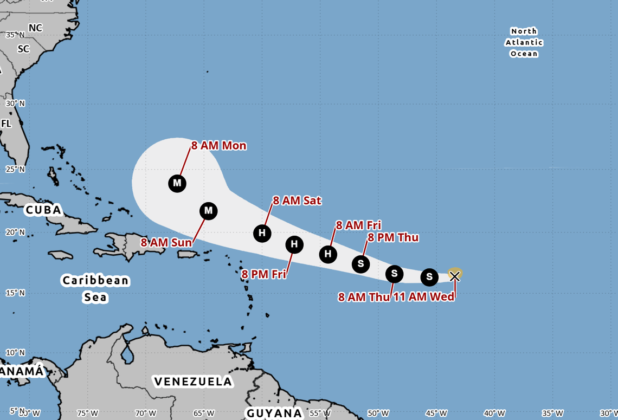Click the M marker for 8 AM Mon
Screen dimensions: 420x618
[x=177, y=183]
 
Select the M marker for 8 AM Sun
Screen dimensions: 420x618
[x=208, y=210]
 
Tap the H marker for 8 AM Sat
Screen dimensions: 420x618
[x=262, y=234]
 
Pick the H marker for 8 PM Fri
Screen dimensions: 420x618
[x=294, y=244]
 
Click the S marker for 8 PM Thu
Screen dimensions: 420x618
[x=360, y=264]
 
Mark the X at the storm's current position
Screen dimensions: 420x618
[x=455, y=276]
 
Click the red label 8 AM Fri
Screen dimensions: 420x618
[x=358, y=225]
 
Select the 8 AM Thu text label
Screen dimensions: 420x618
[x=364, y=297]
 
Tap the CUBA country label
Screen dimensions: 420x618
[x=43, y=210]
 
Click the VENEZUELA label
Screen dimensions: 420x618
[x=193, y=382]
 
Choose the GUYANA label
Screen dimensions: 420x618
[x=274, y=413]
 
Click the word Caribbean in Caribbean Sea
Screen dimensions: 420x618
[x=95, y=280]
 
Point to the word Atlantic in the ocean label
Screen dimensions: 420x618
[x=524, y=42]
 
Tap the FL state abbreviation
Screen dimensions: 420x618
[x=6, y=124]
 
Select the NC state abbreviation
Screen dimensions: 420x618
[x=35, y=28]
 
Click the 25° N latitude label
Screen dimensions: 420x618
[x=15, y=169]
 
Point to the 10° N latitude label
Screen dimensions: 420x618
[x=15, y=352]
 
